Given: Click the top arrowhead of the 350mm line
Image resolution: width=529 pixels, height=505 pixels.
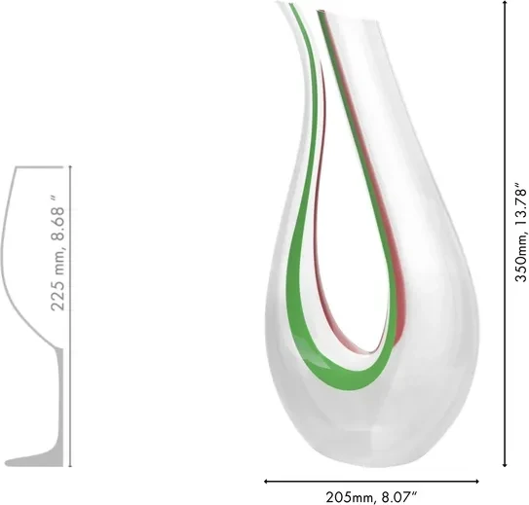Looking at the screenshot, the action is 505,3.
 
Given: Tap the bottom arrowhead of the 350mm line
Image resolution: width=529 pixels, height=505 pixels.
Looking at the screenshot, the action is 505,464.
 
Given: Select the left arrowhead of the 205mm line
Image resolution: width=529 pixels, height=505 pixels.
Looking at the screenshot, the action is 267,482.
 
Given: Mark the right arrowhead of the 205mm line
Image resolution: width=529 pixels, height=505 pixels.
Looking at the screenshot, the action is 476,482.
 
